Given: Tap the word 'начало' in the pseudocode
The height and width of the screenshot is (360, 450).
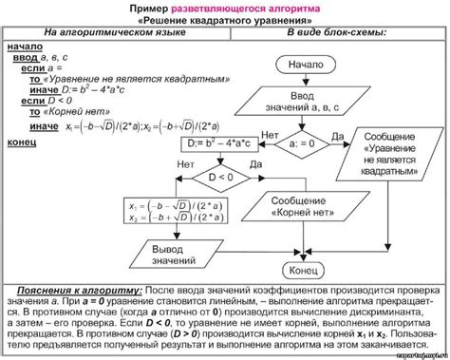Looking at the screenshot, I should (x=25, y=45).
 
